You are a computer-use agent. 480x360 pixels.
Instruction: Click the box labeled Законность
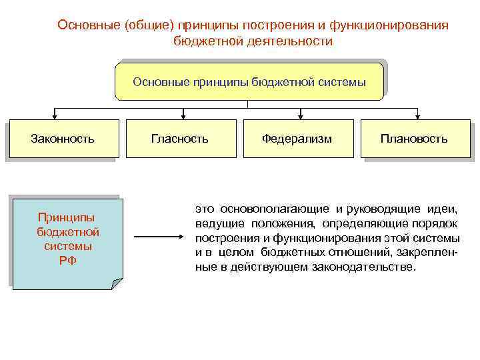(x=63, y=139)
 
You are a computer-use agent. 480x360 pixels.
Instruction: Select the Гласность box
(x=180, y=139)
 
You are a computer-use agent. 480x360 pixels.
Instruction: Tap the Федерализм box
(x=297, y=139)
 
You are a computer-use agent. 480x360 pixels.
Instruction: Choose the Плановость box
(x=414, y=139)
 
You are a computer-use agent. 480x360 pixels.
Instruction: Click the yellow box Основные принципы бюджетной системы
(x=249, y=81)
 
